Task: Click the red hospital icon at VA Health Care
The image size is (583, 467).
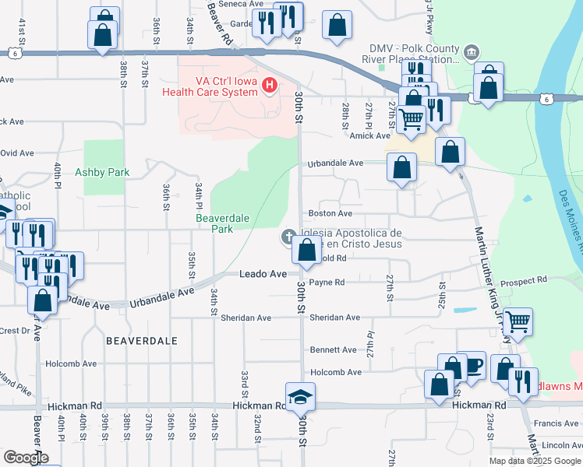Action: point(270,84)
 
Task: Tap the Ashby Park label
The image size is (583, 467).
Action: point(102,171)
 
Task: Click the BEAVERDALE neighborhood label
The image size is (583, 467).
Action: point(142,341)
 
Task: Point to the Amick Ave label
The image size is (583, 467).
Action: point(369,135)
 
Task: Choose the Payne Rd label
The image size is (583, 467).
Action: point(327,283)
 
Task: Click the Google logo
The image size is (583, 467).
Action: point(26,458)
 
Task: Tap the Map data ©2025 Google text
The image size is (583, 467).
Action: point(534,461)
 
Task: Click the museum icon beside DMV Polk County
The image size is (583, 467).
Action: point(471,52)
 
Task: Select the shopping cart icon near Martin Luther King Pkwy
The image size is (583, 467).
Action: point(518,321)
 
